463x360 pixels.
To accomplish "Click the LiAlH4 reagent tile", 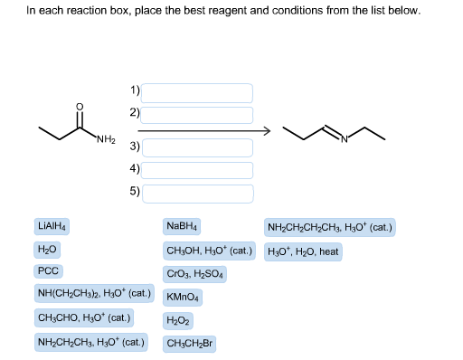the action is tap(54, 225).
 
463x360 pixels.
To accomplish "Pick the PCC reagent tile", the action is tap(48, 271).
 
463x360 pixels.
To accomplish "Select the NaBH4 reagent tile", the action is tap(183, 225).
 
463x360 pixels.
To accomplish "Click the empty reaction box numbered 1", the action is tap(197, 92).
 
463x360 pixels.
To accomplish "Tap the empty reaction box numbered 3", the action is tap(197, 147).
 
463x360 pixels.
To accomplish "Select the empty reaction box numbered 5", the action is tap(197, 193).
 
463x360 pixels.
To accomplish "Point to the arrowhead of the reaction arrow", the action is tap(266, 132).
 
